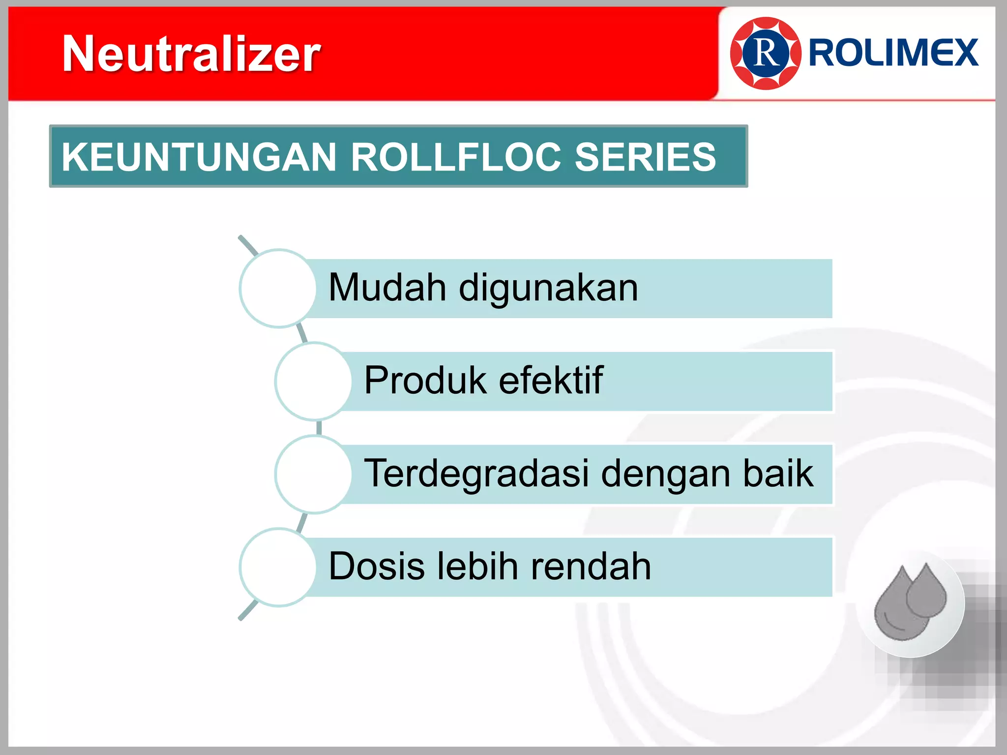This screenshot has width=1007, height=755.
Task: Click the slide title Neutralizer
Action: click(191, 54)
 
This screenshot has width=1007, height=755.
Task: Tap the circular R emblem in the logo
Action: click(766, 54)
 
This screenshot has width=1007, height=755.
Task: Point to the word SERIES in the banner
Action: click(645, 157)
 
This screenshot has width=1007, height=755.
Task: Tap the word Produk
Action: click(425, 380)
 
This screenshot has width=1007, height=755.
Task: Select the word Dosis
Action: click(376, 566)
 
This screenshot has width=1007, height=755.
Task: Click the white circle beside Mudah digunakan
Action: click(278, 289)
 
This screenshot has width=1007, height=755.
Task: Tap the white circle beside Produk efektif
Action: click(314, 381)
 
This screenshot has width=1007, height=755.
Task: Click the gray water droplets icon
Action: click(910, 603)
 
